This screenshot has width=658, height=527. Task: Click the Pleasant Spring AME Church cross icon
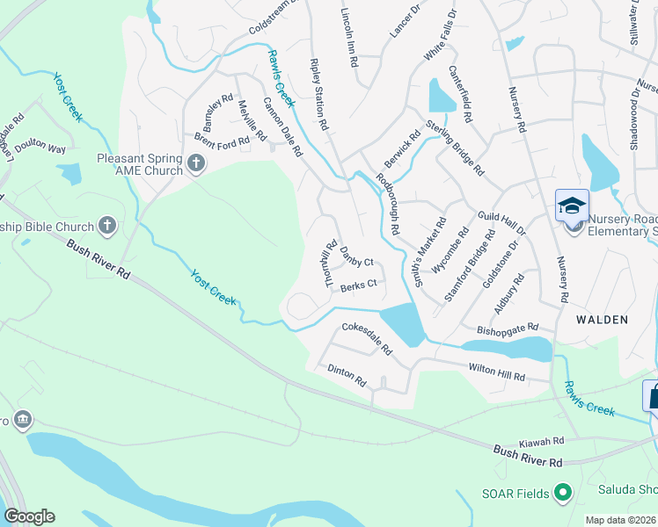[x=195, y=162]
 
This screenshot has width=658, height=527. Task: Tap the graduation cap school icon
[x=572, y=206]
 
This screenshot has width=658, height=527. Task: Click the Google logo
[x=29, y=516]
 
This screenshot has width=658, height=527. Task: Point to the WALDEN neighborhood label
[x=603, y=320]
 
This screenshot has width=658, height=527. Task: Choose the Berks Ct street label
[x=359, y=284]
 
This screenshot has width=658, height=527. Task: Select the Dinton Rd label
[x=346, y=376]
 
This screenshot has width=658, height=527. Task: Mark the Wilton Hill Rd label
[x=496, y=372]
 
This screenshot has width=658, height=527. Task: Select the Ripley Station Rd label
[x=318, y=95]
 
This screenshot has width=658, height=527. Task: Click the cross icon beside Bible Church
[x=108, y=226]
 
